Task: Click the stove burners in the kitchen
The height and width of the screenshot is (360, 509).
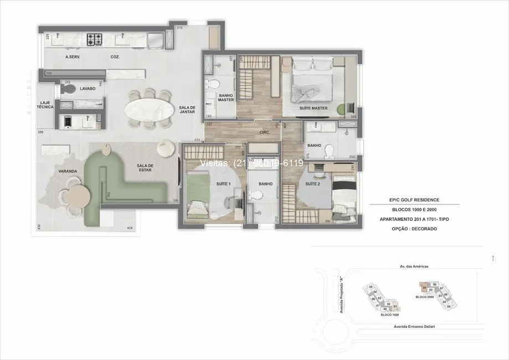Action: (x=94, y=39)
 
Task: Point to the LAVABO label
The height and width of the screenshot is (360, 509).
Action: (x=88, y=89)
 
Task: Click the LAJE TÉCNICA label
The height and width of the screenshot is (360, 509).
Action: (x=45, y=106)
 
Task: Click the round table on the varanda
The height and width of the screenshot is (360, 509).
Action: (x=78, y=195)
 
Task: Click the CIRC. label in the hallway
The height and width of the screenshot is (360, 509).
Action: (x=265, y=133)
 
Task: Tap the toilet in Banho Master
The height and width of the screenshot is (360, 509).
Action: (x=212, y=84)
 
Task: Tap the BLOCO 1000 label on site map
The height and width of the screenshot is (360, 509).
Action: (x=389, y=315)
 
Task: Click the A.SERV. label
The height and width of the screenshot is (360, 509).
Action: (x=74, y=56)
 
